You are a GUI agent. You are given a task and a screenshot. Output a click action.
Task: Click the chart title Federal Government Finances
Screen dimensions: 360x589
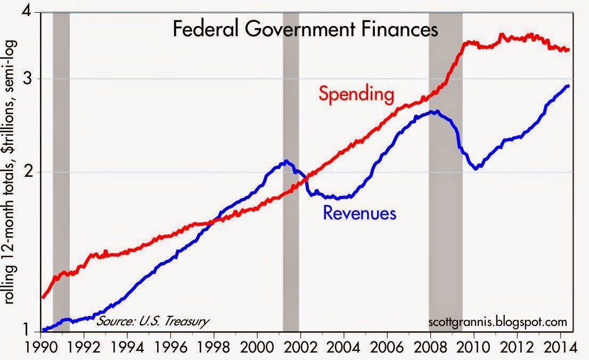click(x=305, y=29)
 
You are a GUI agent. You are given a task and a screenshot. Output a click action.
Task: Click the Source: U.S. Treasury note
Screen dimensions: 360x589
click(x=152, y=321)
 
